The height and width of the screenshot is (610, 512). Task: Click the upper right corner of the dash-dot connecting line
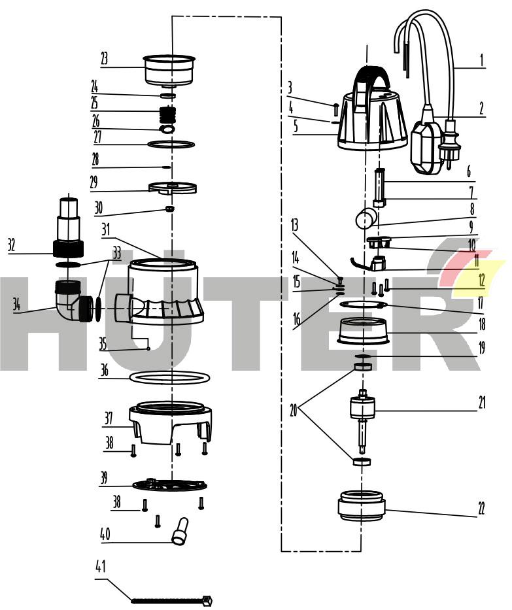pos(281,17)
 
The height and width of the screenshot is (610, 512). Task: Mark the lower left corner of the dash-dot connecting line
pos(281,551)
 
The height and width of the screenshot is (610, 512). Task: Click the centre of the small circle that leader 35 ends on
pos(148,349)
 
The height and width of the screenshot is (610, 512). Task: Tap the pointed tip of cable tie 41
pos(132,601)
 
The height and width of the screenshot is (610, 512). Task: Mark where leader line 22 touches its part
pos(385,510)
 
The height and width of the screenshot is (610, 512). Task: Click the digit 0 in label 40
pos(107,534)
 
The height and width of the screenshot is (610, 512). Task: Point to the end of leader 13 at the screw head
pos(339,279)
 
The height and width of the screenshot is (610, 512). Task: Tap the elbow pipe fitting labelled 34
pos(72,301)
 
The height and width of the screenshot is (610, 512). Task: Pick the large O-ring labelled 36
pos(169,378)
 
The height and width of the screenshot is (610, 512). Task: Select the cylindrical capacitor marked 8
pos(366,218)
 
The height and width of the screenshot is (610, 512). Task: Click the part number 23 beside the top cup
pos(104,59)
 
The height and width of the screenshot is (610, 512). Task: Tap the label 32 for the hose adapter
pos(12,245)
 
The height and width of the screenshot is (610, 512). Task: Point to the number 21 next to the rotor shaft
pos(482,402)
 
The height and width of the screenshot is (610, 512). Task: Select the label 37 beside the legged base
pos(109,418)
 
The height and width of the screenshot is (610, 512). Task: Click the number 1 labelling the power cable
pos(482,60)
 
